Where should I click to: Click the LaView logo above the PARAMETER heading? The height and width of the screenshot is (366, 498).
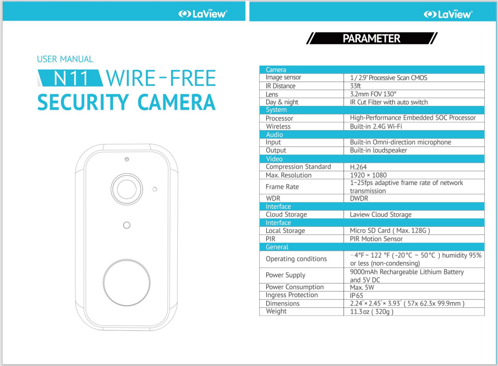(x=448, y=14)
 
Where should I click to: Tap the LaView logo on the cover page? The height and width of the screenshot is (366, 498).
(x=202, y=14)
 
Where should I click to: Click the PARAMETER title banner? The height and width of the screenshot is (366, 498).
(x=372, y=38)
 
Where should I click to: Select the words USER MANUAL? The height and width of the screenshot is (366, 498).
(x=65, y=59)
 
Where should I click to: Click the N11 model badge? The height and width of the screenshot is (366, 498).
(x=70, y=78)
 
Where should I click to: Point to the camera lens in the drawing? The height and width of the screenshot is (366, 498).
(x=127, y=189)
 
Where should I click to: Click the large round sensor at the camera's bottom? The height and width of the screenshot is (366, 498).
(x=127, y=283)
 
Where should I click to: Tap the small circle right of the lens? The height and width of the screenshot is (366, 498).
(x=155, y=189)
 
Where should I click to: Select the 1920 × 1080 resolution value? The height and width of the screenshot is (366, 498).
(x=368, y=175)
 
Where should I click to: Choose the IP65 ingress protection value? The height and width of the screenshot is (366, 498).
(x=356, y=295)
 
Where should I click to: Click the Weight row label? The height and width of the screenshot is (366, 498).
(x=276, y=311)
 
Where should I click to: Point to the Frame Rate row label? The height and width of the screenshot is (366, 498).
(x=282, y=186)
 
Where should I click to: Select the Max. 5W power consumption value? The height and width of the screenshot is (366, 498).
(x=362, y=288)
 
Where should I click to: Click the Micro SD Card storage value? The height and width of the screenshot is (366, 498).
(x=390, y=230)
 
